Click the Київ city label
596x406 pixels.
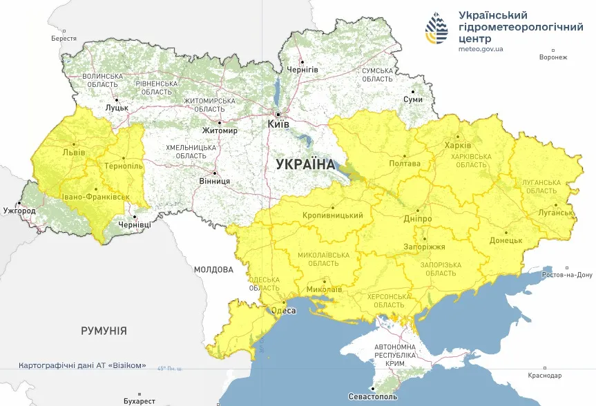tap(278, 125)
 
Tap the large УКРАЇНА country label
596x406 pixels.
tap(305, 164)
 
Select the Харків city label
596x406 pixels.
tap(458, 146)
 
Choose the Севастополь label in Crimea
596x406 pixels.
tap(373, 398)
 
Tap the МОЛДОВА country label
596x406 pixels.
tap(213, 270)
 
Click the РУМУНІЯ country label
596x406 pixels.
tap(104, 331)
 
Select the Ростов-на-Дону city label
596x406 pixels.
tap(566, 275)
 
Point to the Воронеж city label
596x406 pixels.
tap(553, 57)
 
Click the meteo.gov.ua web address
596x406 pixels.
tap(481, 49)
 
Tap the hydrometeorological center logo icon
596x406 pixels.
tap(437, 28)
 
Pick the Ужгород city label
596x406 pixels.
tap(19, 210)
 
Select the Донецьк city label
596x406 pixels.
tap(506, 241)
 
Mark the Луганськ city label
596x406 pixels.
tap(556, 213)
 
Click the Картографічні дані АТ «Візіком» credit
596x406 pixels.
tap(82, 365)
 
